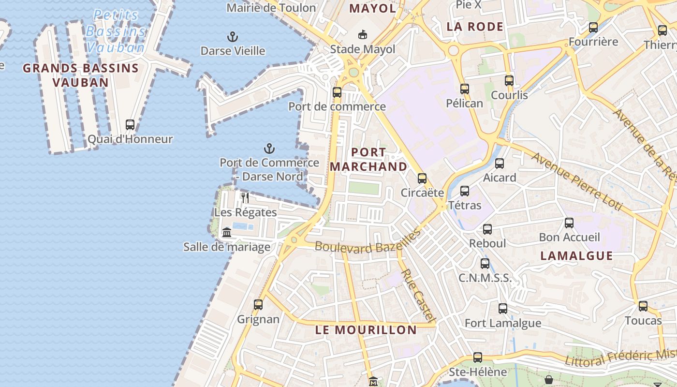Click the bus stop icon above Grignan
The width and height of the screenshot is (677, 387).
click(x=258, y=305)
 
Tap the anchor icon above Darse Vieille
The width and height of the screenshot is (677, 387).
click(x=233, y=37)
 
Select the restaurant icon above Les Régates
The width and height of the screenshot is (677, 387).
click(x=245, y=198)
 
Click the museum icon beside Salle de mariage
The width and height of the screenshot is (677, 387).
click(x=227, y=233)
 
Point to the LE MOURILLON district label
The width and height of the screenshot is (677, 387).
click(x=366, y=330)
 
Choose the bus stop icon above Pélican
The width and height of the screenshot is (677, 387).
click(x=465, y=89)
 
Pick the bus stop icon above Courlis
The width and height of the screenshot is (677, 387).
click(x=509, y=81)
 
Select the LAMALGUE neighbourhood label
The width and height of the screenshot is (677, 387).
click(x=576, y=256)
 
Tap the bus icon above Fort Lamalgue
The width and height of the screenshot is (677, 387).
click(x=503, y=309)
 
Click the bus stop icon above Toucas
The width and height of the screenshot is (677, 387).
click(x=643, y=306)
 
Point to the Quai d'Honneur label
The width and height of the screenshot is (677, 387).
click(x=130, y=139)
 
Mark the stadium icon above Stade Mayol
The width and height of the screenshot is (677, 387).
click(x=362, y=35)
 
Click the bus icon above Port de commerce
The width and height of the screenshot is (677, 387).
click(x=337, y=92)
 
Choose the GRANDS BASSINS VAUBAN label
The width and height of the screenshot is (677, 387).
click(x=81, y=75)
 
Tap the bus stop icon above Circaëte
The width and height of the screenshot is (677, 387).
click(x=422, y=179)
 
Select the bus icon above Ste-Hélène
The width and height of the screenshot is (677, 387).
click(x=478, y=357)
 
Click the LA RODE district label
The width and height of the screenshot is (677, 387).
click(x=475, y=27)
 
